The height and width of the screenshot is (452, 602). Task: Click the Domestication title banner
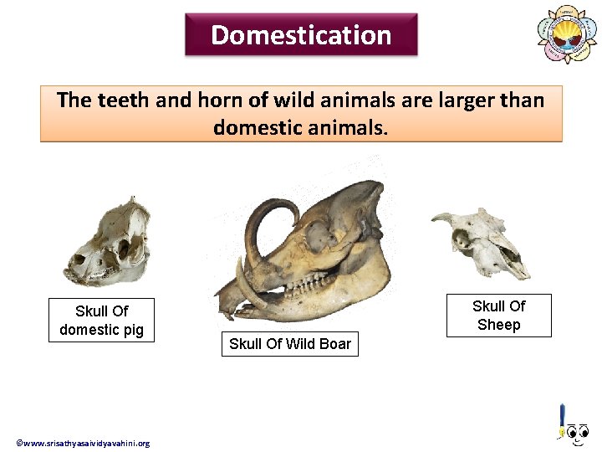click(301, 35)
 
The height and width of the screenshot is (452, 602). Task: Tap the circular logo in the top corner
click(567, 34)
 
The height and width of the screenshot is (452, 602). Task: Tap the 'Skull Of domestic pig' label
click(101, 320)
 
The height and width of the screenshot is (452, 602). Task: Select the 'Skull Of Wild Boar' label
click(290, 344)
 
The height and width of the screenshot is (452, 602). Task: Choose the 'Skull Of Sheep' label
click(498, 316)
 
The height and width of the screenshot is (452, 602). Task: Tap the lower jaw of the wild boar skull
click(334, 293)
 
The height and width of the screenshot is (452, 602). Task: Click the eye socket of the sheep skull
click(462, 241)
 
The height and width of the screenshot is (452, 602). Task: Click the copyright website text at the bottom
click(83, 443)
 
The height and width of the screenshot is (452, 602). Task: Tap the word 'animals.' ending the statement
click(348, 128)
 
